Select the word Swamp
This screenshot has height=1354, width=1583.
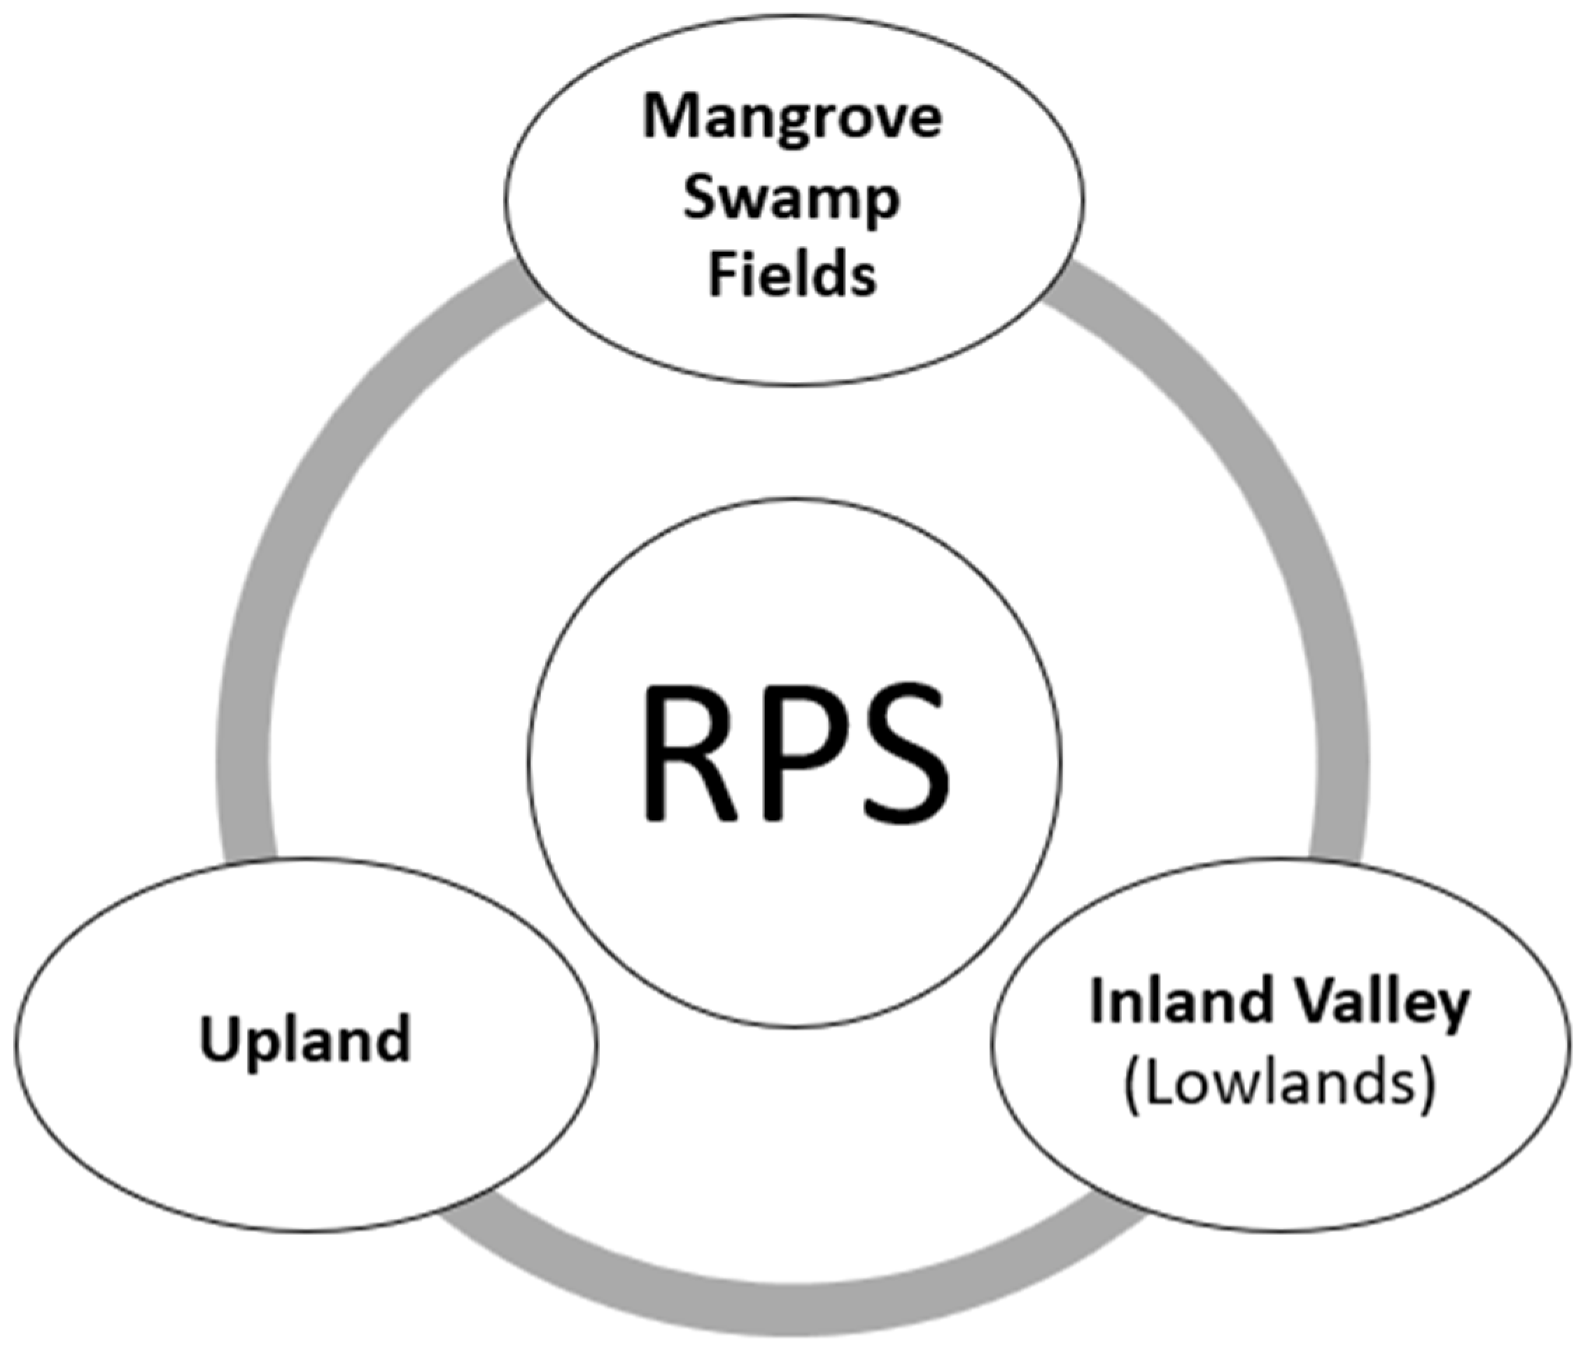[791, 200]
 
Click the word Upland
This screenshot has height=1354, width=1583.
[306, 1040]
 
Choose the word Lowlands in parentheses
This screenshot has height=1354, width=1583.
[1279, 1083]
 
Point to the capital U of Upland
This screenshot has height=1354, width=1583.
[218, 1038]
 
